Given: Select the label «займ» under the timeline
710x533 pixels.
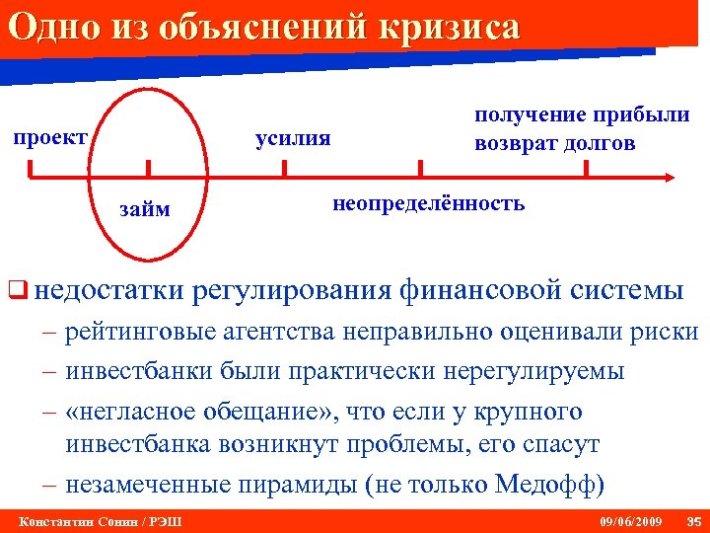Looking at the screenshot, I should tap(144, 208).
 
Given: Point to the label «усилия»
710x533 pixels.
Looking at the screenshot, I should tap(293, 137).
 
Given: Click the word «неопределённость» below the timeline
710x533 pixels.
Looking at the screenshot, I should tap(429, 204).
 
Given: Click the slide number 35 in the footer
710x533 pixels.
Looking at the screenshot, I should tap(691, 520).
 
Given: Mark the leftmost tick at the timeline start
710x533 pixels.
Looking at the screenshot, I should tap(30, 171).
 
